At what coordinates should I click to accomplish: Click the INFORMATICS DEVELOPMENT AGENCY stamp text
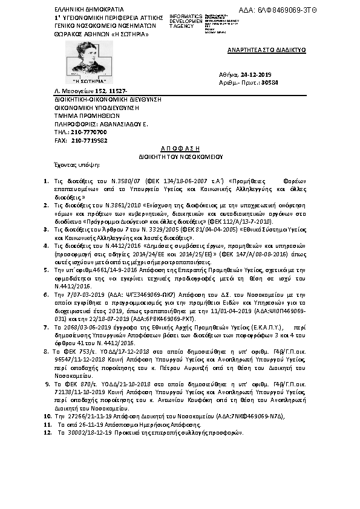point(186,21)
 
